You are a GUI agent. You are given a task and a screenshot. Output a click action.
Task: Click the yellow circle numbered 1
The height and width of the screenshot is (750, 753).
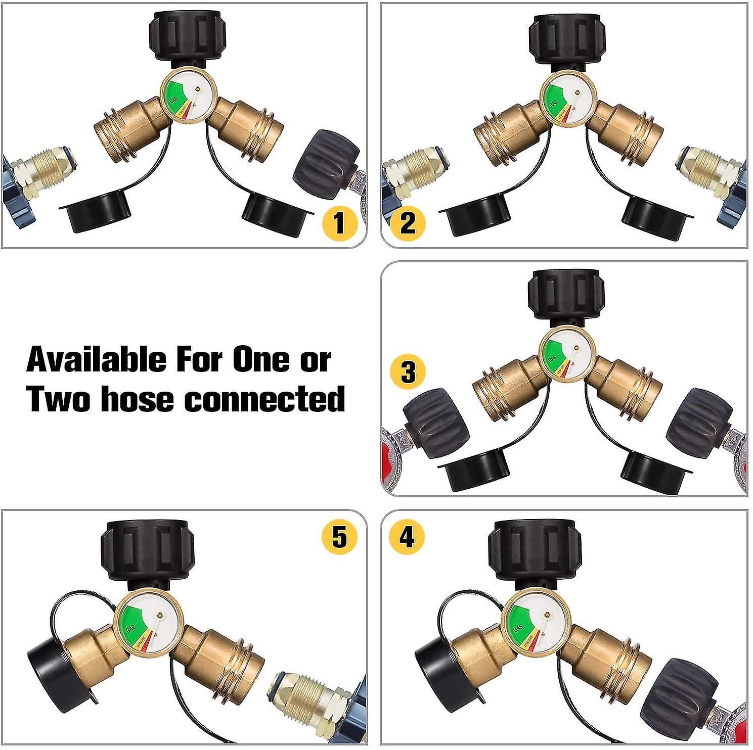[x=339, y=223]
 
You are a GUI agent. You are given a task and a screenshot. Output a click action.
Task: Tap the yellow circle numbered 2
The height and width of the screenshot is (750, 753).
[x=408, y=223]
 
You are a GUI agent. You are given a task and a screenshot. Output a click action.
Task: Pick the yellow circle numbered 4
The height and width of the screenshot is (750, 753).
[x=407, y=536]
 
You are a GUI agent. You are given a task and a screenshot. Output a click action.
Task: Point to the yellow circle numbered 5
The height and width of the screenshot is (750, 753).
[x=339, y=536]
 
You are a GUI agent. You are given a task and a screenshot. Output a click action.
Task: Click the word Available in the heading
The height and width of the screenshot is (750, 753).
[x=96, y=360]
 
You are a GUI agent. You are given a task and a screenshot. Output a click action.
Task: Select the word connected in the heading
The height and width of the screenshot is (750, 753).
[x=264, y=399]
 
